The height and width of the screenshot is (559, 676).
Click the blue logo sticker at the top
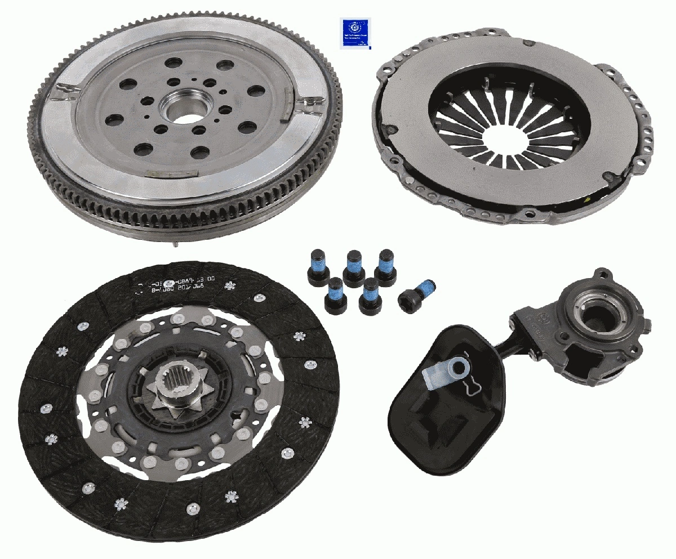click(x=356, y=33)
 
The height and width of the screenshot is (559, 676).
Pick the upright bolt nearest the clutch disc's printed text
click(x=317, y=268)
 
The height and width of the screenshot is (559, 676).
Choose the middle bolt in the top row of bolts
click(x=354, y=268)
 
